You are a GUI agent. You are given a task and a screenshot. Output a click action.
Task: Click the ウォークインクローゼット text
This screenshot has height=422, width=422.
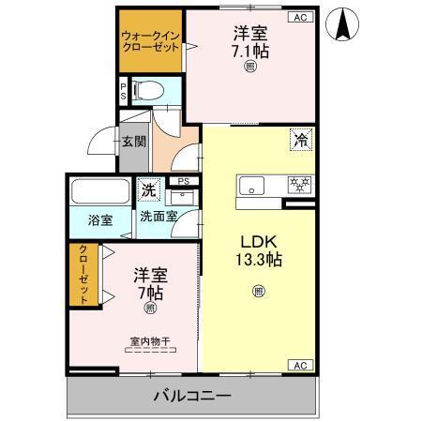(150, 41)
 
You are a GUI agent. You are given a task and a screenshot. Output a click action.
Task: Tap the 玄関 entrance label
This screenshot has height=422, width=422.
(133, 143)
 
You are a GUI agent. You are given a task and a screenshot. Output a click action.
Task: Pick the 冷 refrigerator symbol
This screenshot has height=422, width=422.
(302, 142)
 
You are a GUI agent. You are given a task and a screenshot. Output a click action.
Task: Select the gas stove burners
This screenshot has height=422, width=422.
(299, 184)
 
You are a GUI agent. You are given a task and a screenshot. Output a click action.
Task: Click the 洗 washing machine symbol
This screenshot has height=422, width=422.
(149, 190)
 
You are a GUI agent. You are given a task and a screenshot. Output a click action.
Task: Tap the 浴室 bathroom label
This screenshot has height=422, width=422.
(100, 221)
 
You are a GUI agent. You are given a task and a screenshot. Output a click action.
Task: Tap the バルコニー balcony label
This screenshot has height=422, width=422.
(193, 397)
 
